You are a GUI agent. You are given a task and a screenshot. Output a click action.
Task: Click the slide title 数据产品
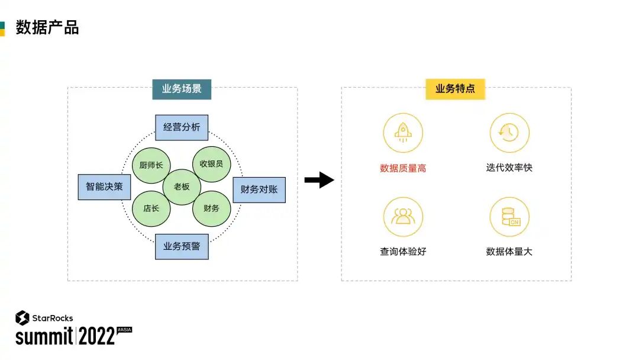pos(47,27)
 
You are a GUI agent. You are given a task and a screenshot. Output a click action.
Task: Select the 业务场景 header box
pos(182,89)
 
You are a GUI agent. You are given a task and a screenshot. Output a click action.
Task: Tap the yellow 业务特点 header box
pos(455,89)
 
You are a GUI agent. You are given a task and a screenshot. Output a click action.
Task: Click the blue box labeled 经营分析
pos(182,127)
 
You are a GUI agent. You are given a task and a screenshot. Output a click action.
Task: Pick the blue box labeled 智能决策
pos(104,187)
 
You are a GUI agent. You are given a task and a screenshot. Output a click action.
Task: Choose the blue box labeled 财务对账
pos(259,190)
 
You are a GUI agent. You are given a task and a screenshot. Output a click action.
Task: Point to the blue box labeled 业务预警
pos(182,246)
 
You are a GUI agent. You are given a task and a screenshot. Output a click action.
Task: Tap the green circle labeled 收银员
pos(211,164)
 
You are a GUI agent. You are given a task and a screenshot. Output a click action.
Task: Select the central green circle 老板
pos(182,187)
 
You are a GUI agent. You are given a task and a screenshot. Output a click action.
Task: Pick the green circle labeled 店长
pos(151,208)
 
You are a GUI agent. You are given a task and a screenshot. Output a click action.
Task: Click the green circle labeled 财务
pos(211,208)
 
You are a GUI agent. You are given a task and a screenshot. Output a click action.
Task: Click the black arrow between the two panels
pos(319,179)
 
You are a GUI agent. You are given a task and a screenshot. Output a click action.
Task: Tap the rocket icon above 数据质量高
pos(403,133)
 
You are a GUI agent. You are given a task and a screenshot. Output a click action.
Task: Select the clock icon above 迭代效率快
pos(509,133)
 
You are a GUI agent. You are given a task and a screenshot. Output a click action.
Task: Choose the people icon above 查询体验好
pos(403,217)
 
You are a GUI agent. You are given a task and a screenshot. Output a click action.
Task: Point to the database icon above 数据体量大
pos(509,217)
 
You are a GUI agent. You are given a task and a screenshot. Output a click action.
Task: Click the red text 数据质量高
pos(403,168)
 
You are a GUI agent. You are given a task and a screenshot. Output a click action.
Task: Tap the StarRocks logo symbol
pos(22,318)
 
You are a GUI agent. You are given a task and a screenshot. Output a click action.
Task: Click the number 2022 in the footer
pos(96,337)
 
